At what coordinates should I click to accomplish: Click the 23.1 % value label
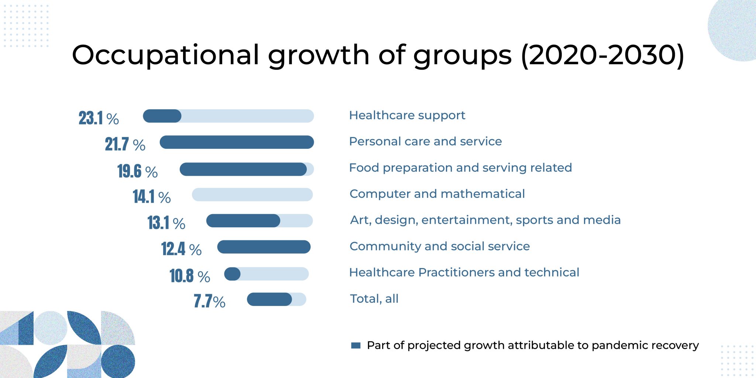pyautogui.click(x=99, y=118)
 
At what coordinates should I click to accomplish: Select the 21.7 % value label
pyautogui.click(x=125, y=144)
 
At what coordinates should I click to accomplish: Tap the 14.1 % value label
pyautogui.click(x=152, y=197)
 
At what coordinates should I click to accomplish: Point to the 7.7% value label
pyautogui.click(x=209, y=301)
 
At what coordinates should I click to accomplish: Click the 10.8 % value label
pyautogui.click(x=190, y=276)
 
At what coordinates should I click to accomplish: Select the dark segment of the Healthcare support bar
pyautogui.click(x=162, y=116)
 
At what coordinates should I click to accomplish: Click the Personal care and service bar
pyautogui.click(x=237, y=142)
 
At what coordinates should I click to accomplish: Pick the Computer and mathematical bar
pyautogui.click(x=252, y=195)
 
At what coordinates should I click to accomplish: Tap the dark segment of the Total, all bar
pyautogui.click(x=269, y=299)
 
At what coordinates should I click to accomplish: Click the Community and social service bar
pyautogui.click(x=264, y=247)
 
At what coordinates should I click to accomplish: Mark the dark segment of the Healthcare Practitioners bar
pyautogui.click(x=232, y=274)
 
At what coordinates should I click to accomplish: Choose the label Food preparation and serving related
pyautogui.click(x=460, y=168)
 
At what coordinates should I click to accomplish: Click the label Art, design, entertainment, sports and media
pyautogui.click(x=485, y=220)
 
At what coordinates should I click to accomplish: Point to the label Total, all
pyautogui.click(x=374, y=299)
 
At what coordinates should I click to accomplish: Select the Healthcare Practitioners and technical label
pyautogui.click(x=464, y=272)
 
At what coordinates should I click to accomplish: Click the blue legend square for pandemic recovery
pyautogui.click(x=356, y=346)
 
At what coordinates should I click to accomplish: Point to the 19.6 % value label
pyautogui.click(x=137, y=171)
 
